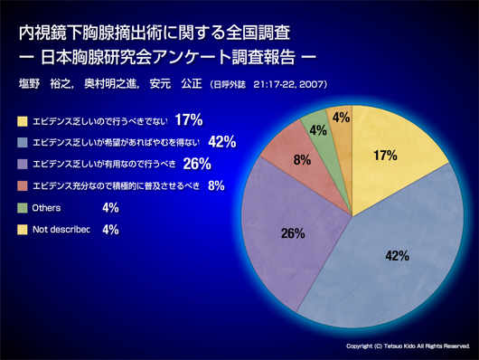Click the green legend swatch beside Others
coord(23,208)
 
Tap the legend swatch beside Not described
coord(23,230)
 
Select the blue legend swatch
coord(23,142)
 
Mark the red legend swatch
coord(23,185)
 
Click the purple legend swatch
coord(23,164)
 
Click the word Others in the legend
coord(46,208)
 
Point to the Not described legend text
coord(61,230)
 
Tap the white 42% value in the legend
coord(222,142)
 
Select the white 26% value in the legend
coord(197,164)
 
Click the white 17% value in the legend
coord(189,120)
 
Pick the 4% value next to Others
coord(110,208)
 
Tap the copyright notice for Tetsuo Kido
coord(408,346)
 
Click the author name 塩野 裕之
coord(44,84)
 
